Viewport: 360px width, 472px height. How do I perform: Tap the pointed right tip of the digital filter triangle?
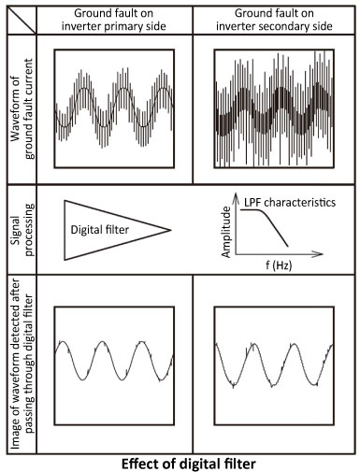pos(171,230)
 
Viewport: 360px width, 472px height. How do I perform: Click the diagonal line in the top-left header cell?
pos(21,16)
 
